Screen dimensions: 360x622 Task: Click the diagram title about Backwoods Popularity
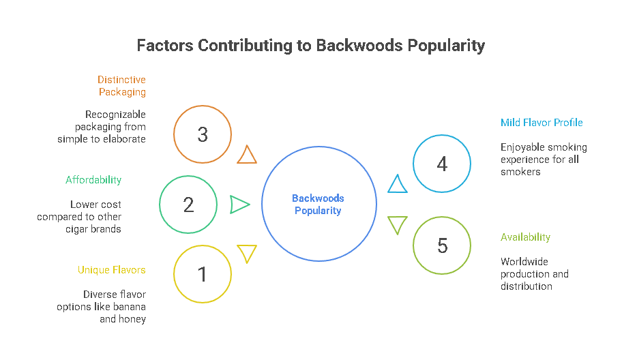coord(311,46)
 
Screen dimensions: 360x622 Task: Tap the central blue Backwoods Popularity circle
coord(319,204)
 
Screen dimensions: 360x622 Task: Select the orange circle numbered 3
coord(203,134)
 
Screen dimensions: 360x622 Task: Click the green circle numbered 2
coord(188,204)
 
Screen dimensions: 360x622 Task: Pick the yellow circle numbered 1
coord(203,274)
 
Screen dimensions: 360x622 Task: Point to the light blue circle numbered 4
coord(442,164)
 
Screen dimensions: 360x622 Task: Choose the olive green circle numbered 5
coord(442,245)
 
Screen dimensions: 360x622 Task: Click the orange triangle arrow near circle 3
coord(247,155)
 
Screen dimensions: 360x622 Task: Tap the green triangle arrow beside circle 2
coord(239,204)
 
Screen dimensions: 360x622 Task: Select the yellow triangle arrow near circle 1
coord(247,253)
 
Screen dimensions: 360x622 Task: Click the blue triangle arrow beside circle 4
coord(398,184)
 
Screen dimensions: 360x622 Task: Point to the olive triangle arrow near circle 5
coord(398,224)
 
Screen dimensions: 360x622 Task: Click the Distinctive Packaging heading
coord(121,86)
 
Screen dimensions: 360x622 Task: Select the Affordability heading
coord(93,180)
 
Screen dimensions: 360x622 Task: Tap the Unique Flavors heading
coord(111,270)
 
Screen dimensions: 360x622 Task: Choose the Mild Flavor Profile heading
coord(542,123)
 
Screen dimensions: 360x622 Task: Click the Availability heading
coord(525,237)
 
